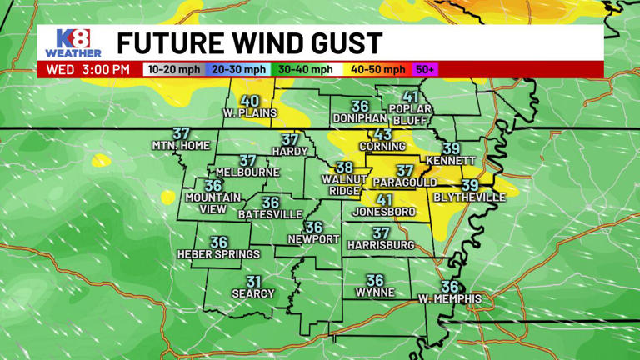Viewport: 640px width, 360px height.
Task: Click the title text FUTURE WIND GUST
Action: [x=249, y=42]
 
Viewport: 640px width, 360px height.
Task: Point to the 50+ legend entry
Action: [x=425, y=70]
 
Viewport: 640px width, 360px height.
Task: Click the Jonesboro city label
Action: [x=383, y=212]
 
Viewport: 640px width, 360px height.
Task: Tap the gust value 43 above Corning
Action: [x=382, y=134]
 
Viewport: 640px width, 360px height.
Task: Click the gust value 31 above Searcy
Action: [x=253, y=282]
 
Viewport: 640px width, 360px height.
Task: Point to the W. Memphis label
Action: [x=450, y=298]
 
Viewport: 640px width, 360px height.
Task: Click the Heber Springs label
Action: [x=219, y=254]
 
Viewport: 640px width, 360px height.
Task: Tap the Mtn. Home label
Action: [x=181, y=145]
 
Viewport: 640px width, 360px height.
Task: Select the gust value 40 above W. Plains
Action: [x=249, y=101]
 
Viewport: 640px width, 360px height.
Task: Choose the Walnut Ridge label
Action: [x=344, y=184]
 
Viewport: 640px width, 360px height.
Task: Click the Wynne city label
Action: [x=375, y=292]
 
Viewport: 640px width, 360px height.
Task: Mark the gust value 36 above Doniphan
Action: [x=360, y=106]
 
